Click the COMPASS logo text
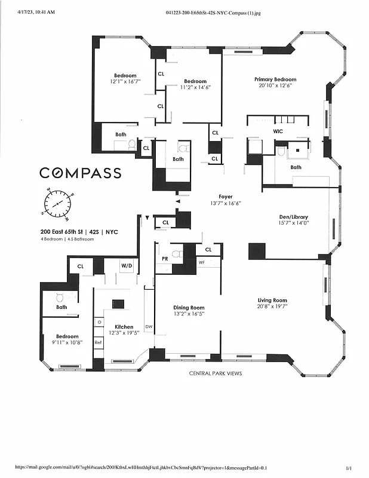(81, 173)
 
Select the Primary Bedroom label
(275, 79)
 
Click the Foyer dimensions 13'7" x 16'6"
(226, 204)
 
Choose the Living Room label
(272, 300)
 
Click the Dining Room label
(188, 308)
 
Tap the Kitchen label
(124, 327)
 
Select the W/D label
(127, 265)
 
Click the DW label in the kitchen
(148, 327)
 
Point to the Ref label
(98, 342)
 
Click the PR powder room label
(164, 259)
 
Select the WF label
(202, 262)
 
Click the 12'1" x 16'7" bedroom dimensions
(125, 81)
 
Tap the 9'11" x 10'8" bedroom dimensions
(67, 343)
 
